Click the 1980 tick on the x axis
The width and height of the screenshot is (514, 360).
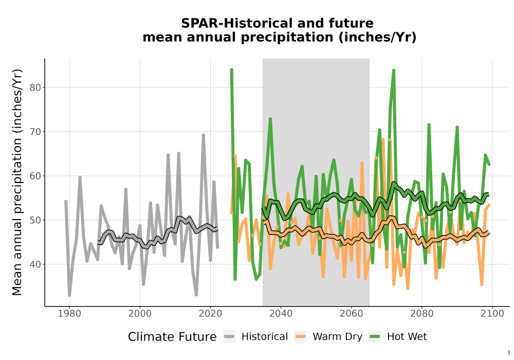click(69, 314)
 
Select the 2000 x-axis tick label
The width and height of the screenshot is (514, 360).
click(140, 314)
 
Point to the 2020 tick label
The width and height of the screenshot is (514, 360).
click(210, 314)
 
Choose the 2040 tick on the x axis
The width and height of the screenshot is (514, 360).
click(281, 314)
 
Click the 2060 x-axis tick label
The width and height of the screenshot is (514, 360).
click(352, 314)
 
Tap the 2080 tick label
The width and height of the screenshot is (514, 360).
click(422, 314)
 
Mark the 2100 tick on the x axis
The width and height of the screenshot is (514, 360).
click(492, 314)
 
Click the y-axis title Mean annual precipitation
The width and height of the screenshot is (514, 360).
click(17, 182)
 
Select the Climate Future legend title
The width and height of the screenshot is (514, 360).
click(172, 337)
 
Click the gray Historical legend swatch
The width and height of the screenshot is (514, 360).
click(229, 336)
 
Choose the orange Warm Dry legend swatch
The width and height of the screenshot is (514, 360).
click(300, 336)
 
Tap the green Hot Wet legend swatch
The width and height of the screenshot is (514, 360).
click(375, 336)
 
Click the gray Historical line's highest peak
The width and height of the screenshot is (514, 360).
click(203, 135)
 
